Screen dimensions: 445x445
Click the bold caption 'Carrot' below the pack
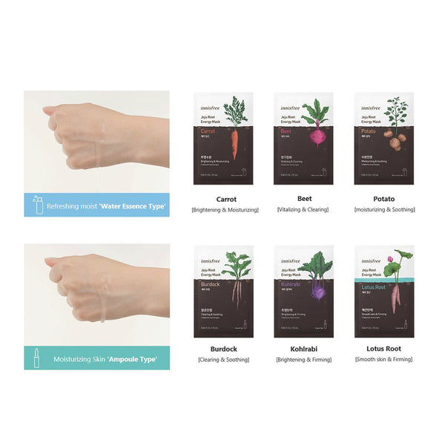(226, 200)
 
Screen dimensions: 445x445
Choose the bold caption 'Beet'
(303, 200)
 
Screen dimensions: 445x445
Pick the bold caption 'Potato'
(384, 200)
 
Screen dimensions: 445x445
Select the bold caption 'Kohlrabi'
(303, 348)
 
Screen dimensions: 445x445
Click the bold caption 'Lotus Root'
(384, 348)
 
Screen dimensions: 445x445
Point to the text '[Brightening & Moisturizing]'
(226, 211)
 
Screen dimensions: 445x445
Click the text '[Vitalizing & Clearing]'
(303, 211)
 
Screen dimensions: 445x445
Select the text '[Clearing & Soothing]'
(222, 360)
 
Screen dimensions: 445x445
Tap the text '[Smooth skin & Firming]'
(384, 360)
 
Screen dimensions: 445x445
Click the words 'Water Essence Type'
(133, 206)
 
